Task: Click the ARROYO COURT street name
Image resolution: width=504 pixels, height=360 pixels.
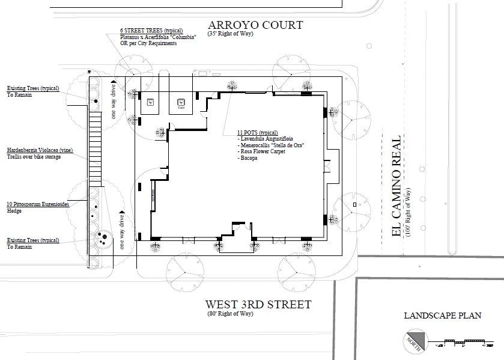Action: click(x=255, y=25)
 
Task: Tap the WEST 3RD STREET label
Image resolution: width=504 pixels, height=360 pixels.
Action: click(x=259, y=304)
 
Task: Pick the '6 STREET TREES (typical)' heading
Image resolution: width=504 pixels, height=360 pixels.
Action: click(x=151, y=31)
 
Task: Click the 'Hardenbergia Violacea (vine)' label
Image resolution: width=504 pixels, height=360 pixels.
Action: click(x=40, y=150)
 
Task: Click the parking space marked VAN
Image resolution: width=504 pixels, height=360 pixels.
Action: click(x=181, y=103)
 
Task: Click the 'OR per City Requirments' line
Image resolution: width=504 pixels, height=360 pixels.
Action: click(x=147, y=43)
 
